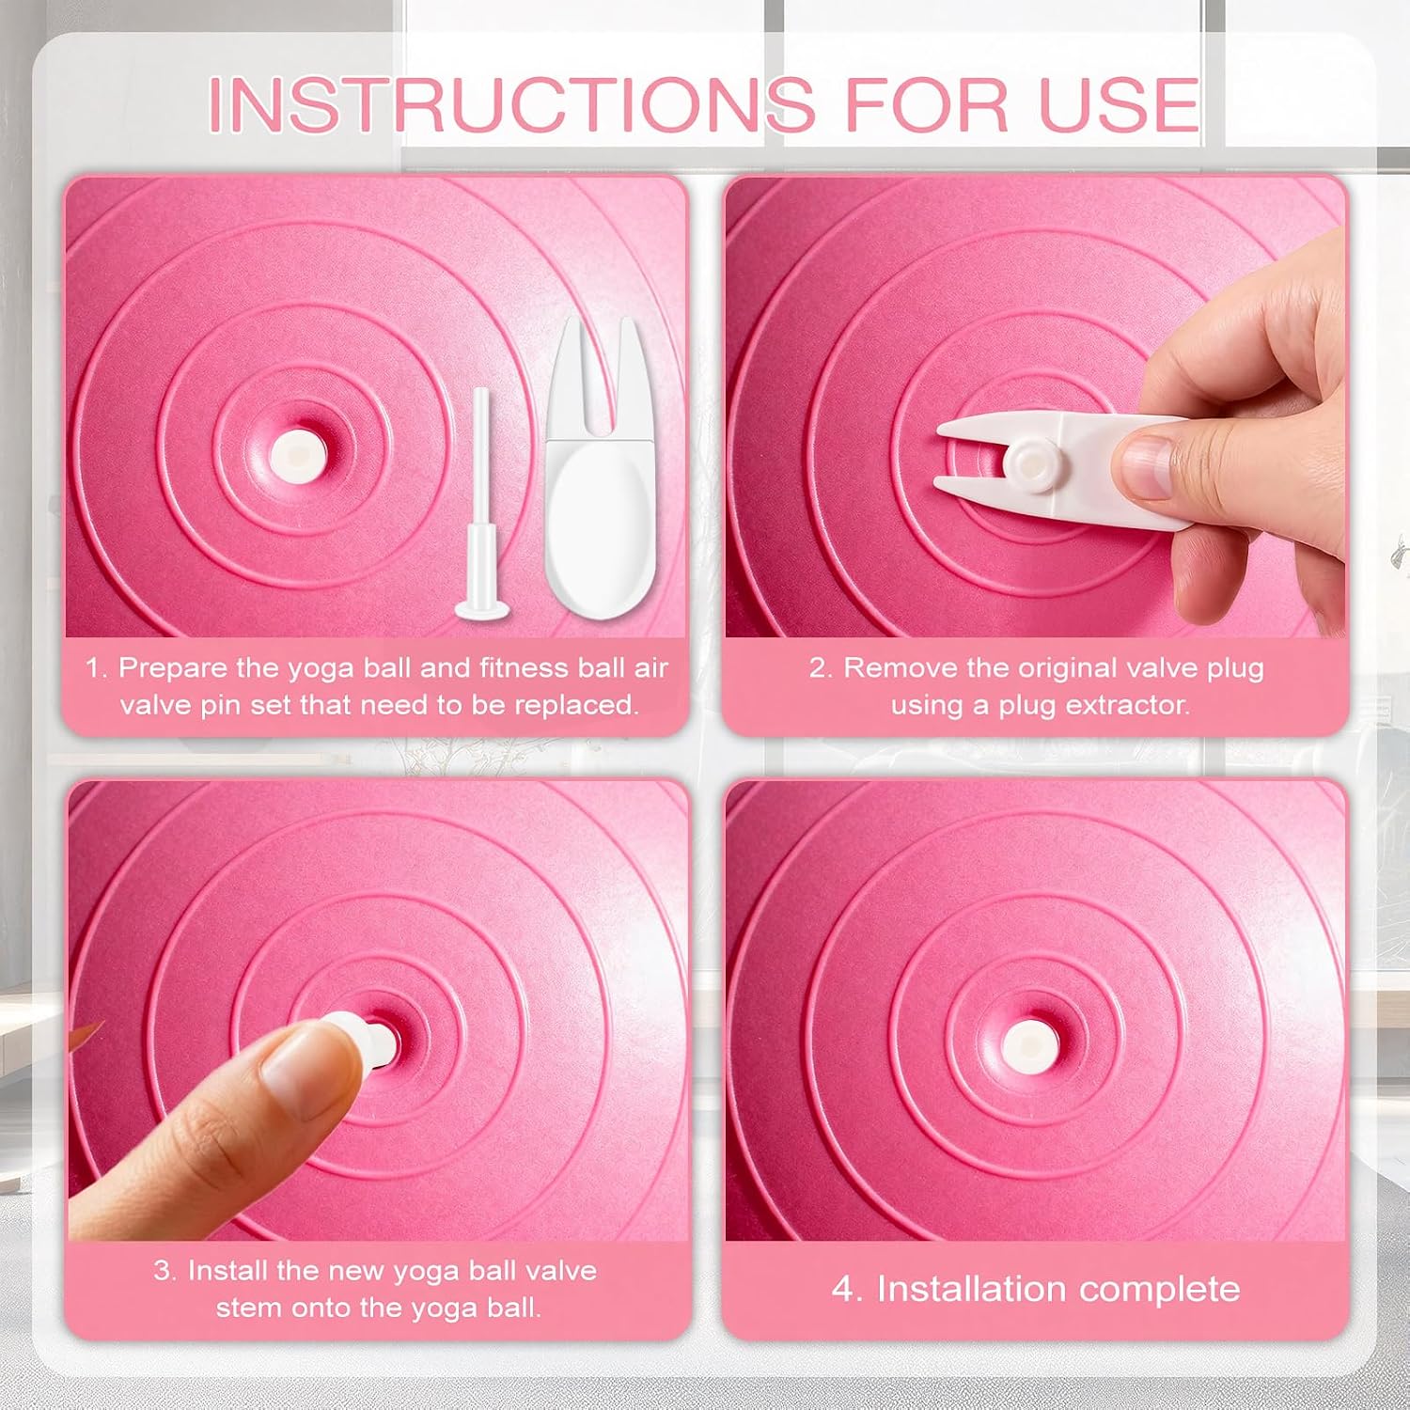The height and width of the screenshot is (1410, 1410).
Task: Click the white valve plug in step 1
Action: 293,455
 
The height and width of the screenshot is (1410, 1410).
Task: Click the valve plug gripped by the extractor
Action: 1027,460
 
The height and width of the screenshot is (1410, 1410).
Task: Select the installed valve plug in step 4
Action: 1027,1044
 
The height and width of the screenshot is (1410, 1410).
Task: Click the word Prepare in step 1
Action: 173,668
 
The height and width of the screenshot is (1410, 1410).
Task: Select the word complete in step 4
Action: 1160,1290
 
